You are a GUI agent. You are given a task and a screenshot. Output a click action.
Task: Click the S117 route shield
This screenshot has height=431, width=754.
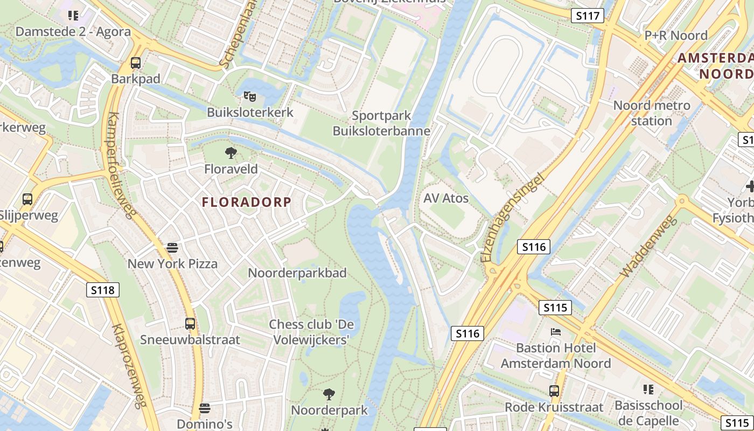pyautogui.click(x=587, y=16)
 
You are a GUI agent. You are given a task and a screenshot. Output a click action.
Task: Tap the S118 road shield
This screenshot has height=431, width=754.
pyautogui.click(x=102, y=290)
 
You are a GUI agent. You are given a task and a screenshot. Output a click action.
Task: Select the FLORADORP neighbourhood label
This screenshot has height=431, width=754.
pyautogui.click(x=247, y=203)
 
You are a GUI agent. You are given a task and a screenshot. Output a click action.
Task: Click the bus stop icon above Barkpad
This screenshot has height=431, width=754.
pyautogui.click(x=136, y=63)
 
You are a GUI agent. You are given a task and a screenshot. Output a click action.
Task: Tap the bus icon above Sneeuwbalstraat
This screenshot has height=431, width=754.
pyautogui.click(x=190, y=324)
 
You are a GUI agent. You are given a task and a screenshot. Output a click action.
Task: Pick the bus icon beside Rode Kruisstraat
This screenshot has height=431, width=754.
pyautogui.click(x=554, y=391)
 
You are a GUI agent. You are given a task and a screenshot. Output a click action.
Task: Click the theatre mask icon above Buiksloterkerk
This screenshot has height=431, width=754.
pyautogui.click(x=249, y=97)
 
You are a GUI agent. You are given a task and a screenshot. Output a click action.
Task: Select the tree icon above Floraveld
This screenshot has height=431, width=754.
pyautogui.click(x=231, y=153)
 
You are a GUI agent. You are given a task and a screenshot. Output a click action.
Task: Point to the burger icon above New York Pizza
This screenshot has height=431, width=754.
pyautogui.click(x=172, y=248)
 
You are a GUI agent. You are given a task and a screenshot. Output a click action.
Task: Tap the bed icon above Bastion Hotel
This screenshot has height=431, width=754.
pyautogui.click(x=556, y=332)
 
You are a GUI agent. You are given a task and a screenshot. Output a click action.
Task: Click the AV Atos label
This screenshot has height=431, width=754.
pyautogui.click(x=446, y=198)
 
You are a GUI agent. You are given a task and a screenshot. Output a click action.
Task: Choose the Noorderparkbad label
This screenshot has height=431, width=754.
pyautogui.click(x=297, y=273)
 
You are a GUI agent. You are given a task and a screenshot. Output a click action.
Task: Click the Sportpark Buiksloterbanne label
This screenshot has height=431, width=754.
pyautogui.click(x=381, y=123)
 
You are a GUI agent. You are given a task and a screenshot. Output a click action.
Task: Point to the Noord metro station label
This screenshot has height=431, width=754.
pyautogui.click(x=652, y=113)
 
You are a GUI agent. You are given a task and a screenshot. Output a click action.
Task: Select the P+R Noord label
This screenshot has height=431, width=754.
pyautogui.click(x=676, y=36)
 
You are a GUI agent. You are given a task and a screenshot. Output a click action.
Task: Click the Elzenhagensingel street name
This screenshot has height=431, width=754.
pyautogui.click(x=512, y=218)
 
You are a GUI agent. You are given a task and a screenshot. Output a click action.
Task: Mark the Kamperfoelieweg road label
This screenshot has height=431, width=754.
pyautogui.click(x=122, y=165)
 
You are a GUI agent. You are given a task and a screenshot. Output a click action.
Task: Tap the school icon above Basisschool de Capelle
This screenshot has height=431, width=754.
pyautogui.click(x=648, y=389)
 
